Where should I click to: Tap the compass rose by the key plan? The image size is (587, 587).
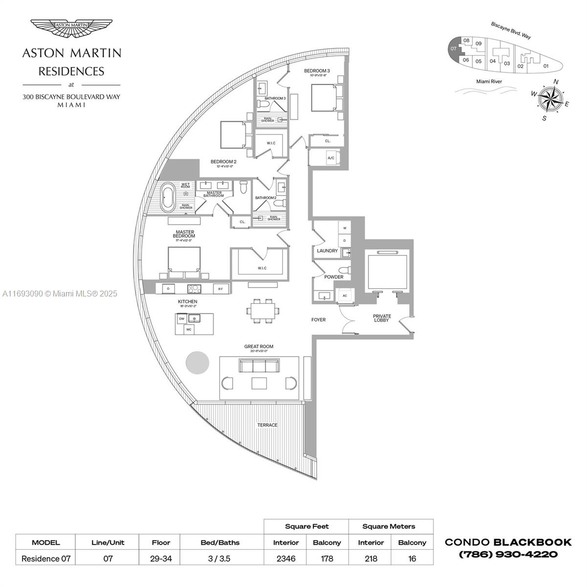point(551,100)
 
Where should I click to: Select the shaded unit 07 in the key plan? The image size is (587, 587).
point(454,49)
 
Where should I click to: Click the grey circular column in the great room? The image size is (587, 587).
point(197,363)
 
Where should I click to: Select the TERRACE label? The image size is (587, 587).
point(267,425)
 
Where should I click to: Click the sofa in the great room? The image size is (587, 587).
point(259,366)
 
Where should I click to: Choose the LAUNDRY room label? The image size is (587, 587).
point(327,251)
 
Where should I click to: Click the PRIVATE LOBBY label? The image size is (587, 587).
point(381,318)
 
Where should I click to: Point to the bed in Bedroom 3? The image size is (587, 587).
point(325,98)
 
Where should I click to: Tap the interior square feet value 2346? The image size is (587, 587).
point(285,558)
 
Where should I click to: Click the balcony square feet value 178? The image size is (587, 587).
point(326,558)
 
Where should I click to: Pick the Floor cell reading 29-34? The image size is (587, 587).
point(161,558)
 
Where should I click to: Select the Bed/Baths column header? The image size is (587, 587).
point(220,542)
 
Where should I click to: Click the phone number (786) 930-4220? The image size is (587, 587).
point(508,555)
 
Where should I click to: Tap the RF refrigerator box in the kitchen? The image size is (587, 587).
point(220,289)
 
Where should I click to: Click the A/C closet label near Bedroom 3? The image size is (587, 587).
point(331,158)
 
